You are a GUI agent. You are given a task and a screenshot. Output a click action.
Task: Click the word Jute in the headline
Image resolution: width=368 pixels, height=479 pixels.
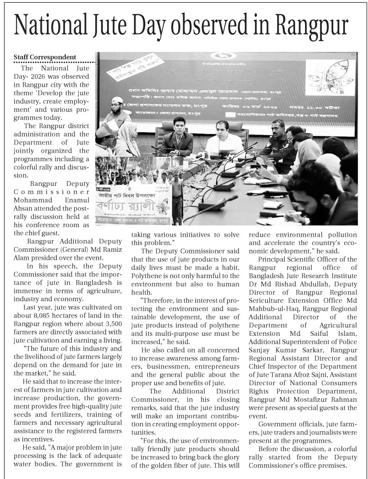[x=119, y=25]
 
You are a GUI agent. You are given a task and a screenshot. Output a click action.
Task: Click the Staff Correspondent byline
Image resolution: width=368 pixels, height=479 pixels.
[x=45, y=57]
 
